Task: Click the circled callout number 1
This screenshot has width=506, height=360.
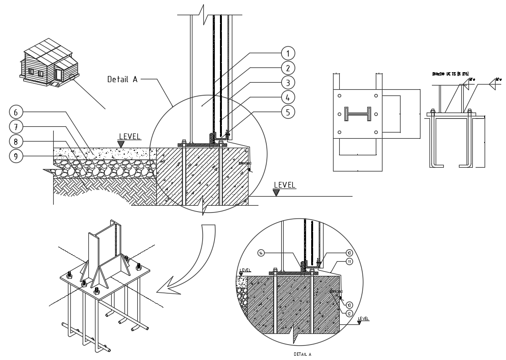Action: pos(288,53)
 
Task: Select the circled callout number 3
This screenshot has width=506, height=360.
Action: pos(288,82)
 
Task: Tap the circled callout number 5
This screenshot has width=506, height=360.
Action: pos(288,112)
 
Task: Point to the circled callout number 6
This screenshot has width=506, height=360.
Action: pos(16,113)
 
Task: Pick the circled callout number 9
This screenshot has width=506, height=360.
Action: pos(16,156)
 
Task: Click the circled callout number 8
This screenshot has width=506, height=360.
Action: pos(16,142)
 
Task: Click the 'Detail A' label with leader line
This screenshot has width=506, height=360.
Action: pos(122,79)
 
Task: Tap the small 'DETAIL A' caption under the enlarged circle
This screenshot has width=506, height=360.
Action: pos(302,354)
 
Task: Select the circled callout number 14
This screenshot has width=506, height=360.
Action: pos(261,253)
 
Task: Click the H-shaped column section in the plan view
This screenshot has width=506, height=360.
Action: pos(357,114)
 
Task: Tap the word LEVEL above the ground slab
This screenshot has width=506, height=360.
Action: pos(130,137)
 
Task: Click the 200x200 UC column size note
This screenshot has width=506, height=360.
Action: pos(450,74)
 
